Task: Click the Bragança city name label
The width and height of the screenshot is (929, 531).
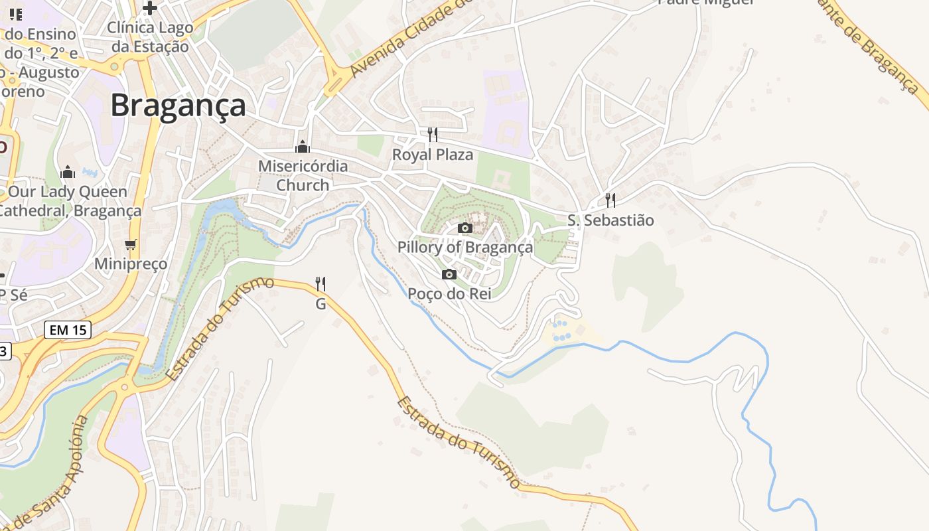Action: (x=178, y=105)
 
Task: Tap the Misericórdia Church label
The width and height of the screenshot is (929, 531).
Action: (x=303, y=175)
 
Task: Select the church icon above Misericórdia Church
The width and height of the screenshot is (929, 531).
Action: (x=303, y=147)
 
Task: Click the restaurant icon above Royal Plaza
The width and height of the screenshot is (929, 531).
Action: (x=433, y=135)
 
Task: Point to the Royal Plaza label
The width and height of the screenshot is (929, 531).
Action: (x=433, y=155)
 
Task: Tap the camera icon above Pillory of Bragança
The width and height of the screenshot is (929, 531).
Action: (x=465, y=228)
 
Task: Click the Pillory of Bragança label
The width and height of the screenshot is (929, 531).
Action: (x=465, y=248)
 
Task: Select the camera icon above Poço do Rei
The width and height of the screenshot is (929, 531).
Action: (x=449, y=274)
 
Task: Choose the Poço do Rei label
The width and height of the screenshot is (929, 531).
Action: (x=449, y=293)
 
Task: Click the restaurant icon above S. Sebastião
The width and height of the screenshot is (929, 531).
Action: (x=610, y=200)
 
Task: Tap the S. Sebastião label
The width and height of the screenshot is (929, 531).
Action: (x=610, y=220)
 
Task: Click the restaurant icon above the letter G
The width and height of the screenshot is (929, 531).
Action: (x=321, y=284)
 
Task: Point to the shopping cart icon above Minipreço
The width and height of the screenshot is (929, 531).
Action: (x=131, y=244)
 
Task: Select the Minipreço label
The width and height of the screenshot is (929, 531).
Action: (x=131, y=264)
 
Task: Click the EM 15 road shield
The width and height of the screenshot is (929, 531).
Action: (x=68, y=329)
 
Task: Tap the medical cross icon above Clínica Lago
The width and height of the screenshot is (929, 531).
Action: (x=150, y=8)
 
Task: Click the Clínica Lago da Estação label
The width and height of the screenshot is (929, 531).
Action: (x=150, y=37)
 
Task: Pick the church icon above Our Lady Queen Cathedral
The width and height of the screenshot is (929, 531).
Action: (x=68, y=173)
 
